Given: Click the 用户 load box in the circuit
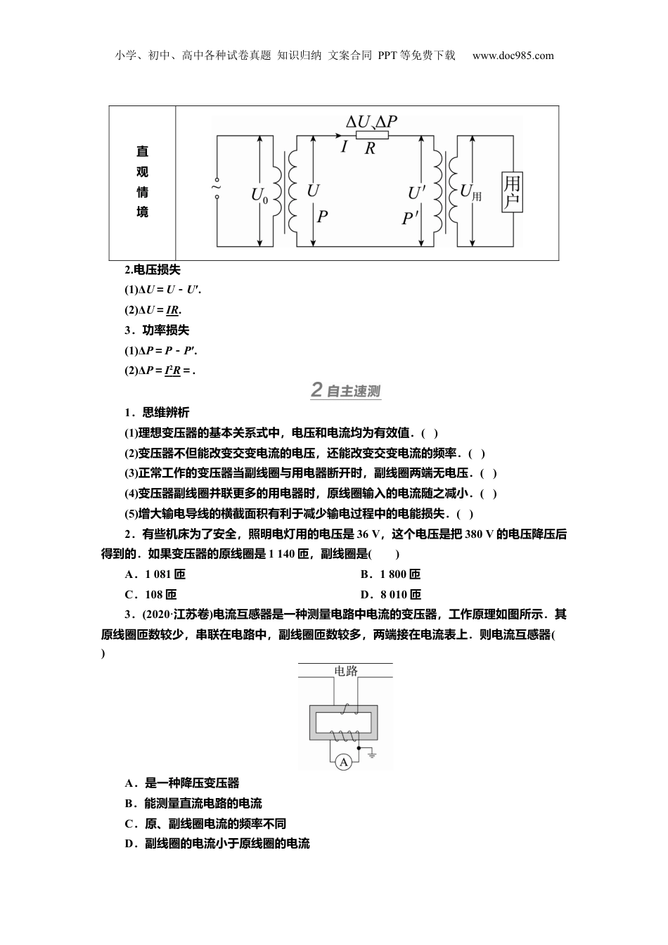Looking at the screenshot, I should [x=512, y=193].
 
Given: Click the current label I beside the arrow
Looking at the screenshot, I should [x=344, y=147].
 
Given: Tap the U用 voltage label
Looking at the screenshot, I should [x=470, y=191].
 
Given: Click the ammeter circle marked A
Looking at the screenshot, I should [x=343, y=761].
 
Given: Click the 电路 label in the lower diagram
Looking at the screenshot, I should [x=345, y=670].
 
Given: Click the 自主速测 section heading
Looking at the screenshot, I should [x=346, y=390].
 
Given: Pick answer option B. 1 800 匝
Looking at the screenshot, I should [x=390, y=574].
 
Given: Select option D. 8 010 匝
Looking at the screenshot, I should [x=390, y=594].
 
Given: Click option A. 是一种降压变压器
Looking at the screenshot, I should [x=182, y=783].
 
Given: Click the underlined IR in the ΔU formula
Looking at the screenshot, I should [x=172, y=310].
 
